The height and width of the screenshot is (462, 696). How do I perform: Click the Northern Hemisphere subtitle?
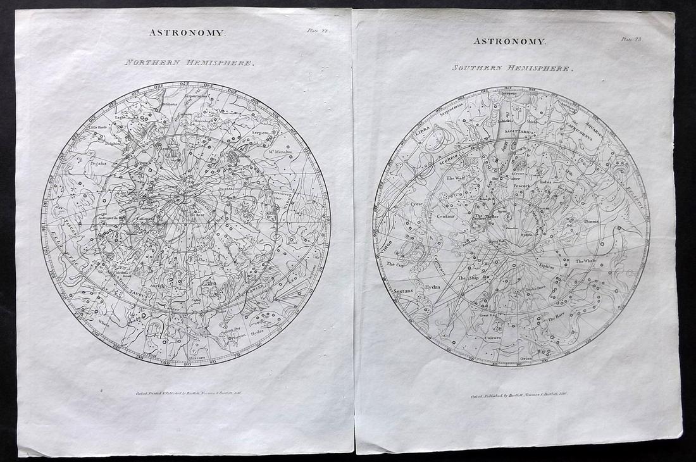[x=189, y=63]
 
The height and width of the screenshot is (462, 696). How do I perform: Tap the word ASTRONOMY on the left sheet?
[x=187, y=32]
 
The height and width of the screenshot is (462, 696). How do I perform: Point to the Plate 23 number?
[x=630, y=39]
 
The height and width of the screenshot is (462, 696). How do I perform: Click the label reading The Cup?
[x=395, y=264]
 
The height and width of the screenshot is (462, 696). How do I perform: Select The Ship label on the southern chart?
[x=469, y=278]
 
